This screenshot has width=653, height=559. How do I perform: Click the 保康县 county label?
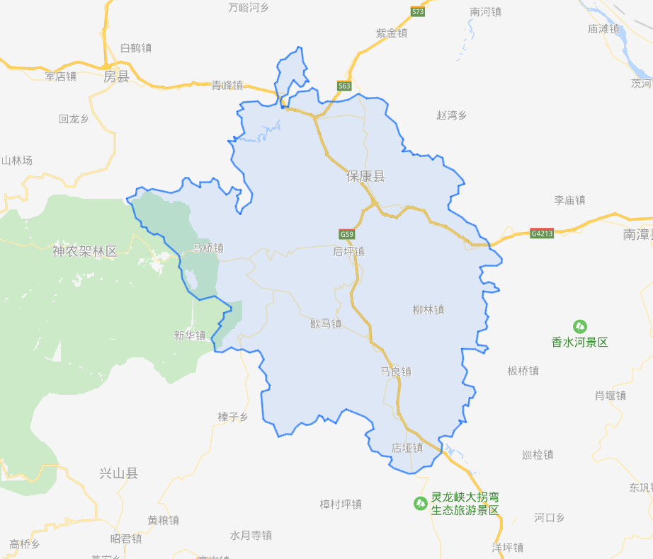(365, 176)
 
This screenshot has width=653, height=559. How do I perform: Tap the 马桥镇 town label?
(208, 248)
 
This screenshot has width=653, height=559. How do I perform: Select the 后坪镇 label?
(348, 251)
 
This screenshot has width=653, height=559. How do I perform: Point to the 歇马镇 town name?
(326, 323)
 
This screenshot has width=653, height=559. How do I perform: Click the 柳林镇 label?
(428, 309)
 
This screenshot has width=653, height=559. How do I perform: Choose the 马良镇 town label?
(396, 371)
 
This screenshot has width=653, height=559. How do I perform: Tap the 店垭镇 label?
(407, 447)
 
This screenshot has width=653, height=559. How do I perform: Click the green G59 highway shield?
(346, 234)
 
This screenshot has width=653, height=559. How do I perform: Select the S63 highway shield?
(344, 86)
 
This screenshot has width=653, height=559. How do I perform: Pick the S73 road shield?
(418, 12)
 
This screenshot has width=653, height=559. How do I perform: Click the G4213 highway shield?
(541, 233)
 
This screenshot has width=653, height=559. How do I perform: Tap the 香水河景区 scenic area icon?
(580, 326)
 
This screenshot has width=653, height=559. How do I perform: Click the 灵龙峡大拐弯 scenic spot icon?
(420, 503)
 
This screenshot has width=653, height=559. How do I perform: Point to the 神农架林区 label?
(84, 250)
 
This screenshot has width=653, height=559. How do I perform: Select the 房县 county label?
(116, 76)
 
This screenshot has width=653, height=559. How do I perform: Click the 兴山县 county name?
(119, 473)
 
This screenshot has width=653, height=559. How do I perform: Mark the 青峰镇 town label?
(227, 85)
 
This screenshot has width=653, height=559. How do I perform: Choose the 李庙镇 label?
(569, 200)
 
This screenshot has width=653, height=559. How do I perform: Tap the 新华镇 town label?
(190, 335)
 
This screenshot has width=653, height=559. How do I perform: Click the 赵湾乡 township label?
(452, 115)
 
